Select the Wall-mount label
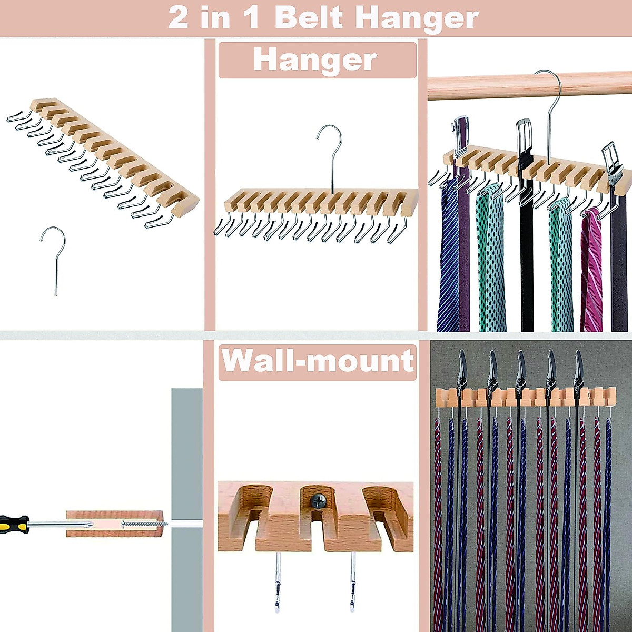(318, 361)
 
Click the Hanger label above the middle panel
(315, 60)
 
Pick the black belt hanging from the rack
(526, 253)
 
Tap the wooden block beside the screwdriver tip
(113, 524)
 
